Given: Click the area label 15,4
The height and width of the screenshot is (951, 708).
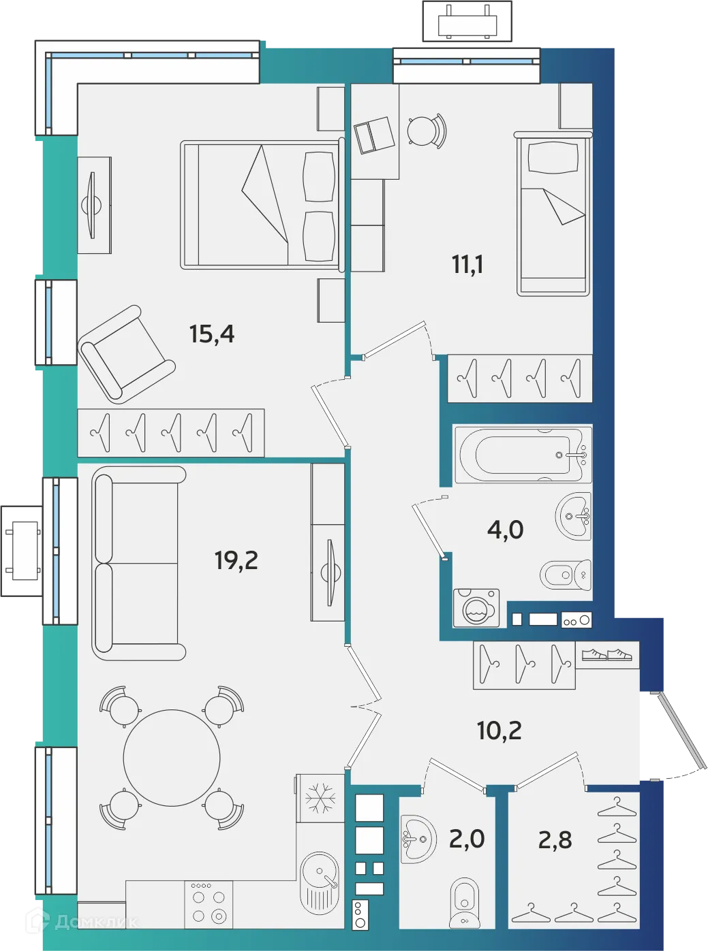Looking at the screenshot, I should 211,334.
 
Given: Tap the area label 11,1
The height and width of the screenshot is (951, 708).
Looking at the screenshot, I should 467,264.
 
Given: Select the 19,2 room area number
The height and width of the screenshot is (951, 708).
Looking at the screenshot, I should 236,560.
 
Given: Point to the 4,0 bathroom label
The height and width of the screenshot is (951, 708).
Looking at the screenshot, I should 505,529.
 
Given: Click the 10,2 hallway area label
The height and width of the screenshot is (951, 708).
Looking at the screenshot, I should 499,730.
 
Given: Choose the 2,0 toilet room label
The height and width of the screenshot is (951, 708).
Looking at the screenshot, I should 467,839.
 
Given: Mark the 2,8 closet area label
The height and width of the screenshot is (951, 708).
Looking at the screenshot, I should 555,840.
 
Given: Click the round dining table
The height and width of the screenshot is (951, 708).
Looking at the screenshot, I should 172,757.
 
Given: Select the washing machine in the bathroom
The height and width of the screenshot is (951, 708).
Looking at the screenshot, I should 476,607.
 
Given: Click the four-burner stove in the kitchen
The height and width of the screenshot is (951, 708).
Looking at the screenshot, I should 209,904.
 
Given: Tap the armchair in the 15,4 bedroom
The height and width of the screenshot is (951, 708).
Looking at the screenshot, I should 126,354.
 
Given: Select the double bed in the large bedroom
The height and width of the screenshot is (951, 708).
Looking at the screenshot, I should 260,204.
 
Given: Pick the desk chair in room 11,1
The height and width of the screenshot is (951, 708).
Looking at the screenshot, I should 425,129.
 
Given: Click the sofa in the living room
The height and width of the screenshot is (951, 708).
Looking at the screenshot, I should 138,562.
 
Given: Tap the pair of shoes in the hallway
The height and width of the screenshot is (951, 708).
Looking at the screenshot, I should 606,654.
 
